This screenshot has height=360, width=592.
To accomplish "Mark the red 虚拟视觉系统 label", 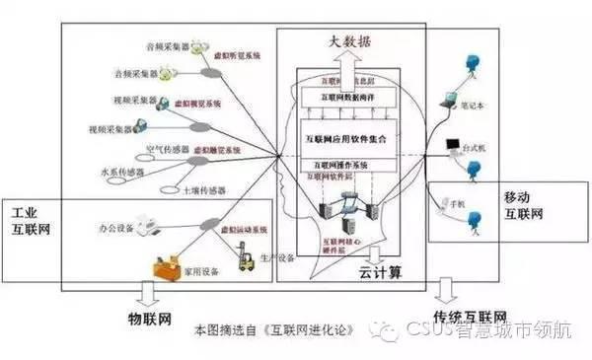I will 197,102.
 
